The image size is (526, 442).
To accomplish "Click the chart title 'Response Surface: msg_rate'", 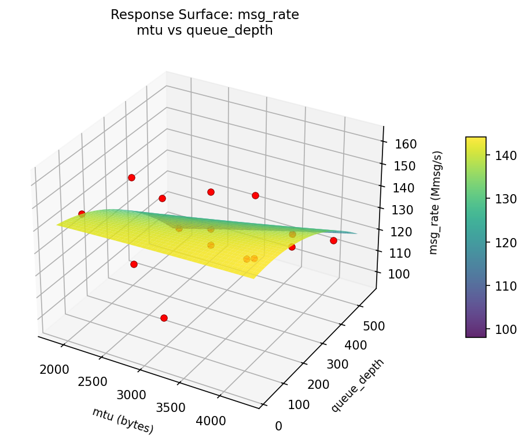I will point(205,15).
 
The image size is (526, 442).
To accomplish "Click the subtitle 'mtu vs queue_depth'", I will point(205,31).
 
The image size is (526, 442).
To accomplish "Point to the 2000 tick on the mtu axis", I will point(55,369).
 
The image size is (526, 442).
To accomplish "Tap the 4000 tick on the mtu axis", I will point(211,421).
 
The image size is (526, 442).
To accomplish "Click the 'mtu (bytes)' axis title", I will point(123,421).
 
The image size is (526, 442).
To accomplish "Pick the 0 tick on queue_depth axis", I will point(278,426).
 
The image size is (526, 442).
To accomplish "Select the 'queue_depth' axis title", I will point(357,385).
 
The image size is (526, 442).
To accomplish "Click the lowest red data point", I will point(164,318).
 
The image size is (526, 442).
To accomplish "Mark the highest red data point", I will point(131,177).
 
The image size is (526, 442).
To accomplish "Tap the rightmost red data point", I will point(333,240).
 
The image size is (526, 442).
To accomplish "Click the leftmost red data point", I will point(82,214).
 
